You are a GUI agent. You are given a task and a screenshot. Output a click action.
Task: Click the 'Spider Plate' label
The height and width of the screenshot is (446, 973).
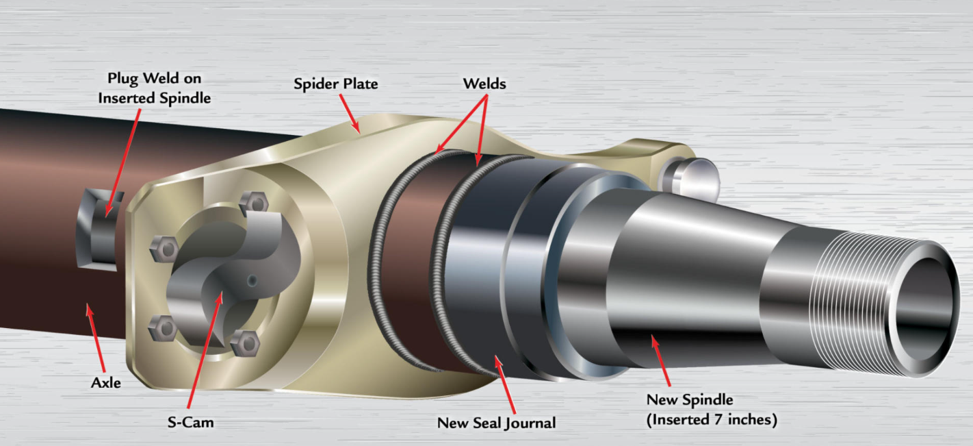(x=335, y=84)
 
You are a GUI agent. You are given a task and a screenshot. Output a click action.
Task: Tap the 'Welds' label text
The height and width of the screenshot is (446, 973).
(x=484, y=83)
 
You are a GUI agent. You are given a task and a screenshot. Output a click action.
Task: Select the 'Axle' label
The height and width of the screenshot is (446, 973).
(x=106, y=382)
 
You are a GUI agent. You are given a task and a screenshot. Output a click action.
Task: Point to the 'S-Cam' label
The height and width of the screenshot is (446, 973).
(x=191, y=422)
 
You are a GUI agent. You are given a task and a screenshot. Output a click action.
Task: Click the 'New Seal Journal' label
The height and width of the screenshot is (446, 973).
(x=496, y=423)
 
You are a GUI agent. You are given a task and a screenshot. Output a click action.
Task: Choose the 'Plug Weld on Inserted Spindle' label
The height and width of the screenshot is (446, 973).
(x=154, y=88)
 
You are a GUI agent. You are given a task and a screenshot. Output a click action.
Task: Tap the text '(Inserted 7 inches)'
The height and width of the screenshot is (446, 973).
(x=711, y=419)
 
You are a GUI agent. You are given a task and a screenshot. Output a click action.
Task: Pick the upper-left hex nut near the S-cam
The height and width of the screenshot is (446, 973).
(x=163, y=247)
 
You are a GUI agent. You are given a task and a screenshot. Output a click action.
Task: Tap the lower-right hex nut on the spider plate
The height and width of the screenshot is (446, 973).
(x=245, y=342)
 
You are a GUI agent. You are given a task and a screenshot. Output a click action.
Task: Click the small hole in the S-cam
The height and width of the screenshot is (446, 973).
(x=252, y=280)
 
